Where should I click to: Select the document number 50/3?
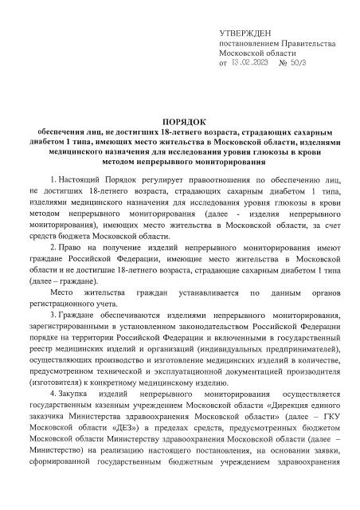point(300,61)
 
